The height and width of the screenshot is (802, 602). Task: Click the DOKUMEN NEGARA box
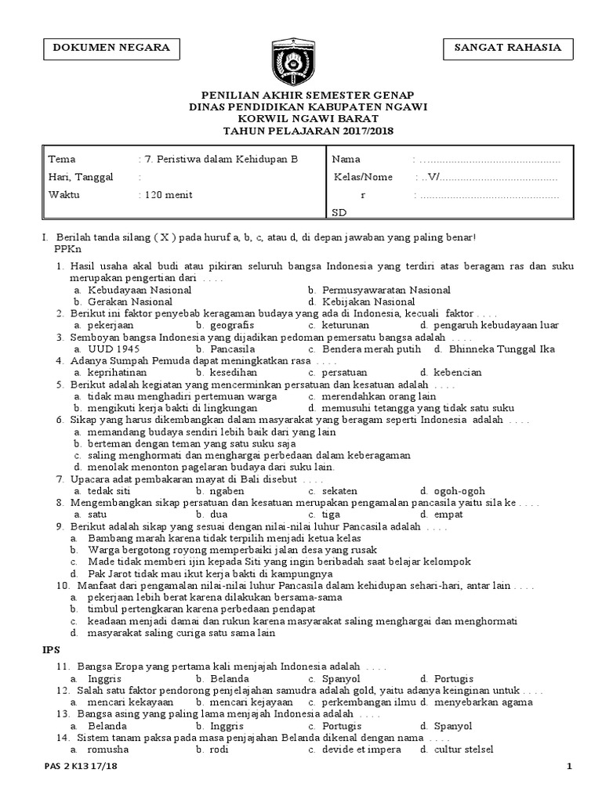[111, 48]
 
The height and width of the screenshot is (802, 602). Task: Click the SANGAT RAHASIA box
[507, 48]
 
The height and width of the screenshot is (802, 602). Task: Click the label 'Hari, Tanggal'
[81, 177]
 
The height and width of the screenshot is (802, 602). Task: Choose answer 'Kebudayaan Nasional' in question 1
[140, 290]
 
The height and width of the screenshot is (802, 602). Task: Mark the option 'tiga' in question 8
[331, 515]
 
